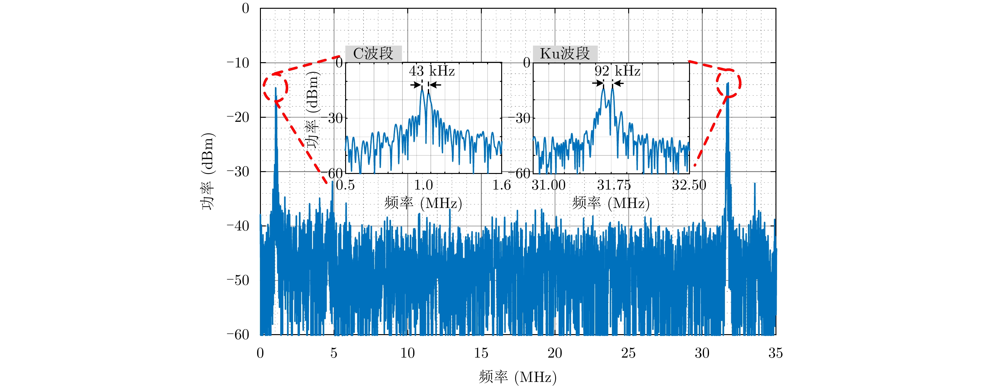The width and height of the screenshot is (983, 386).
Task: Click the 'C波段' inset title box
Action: [x=373, y=53]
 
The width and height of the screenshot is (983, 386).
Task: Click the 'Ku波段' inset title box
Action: [x=565, y=53]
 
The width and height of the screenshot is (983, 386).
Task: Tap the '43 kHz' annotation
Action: [x=432, y=71]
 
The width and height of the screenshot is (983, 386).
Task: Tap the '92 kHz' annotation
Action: [x=617, y=71]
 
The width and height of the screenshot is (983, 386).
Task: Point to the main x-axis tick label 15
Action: [x=481, y=353]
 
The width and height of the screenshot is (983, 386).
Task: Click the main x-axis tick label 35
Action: [x=775, y=353]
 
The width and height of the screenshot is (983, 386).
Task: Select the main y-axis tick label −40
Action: [x=238, y=226]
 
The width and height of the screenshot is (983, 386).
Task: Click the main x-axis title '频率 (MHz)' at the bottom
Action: [x=517, y=377]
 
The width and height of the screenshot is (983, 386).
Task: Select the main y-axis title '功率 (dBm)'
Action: [x=208, y=171]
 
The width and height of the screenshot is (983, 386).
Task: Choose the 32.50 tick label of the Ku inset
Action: [x=689, y=185]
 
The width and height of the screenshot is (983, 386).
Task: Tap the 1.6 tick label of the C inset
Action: [x=501, y=185]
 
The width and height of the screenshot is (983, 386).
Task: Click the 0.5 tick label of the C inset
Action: [x=345, y=185]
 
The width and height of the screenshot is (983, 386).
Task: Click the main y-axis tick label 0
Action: [x=245, y=8]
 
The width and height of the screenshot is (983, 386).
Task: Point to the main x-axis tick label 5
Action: [x=334, y=353]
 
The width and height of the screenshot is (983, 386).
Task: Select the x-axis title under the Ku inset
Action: [x=611, y=203]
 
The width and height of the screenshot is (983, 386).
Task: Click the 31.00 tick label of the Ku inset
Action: [x=548, y=185]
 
